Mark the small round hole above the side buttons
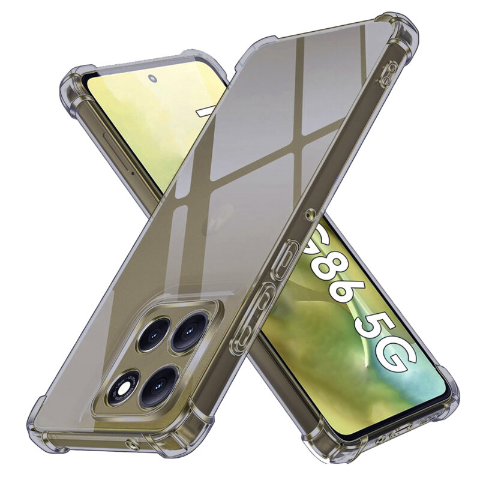pos(310,212)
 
